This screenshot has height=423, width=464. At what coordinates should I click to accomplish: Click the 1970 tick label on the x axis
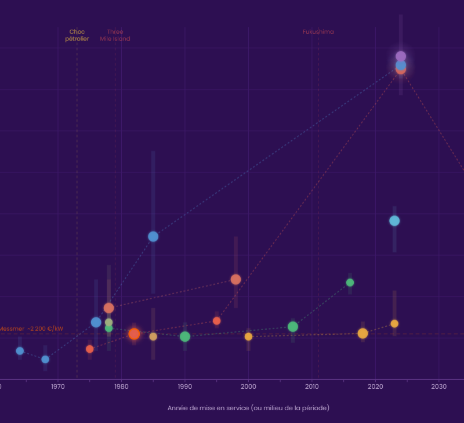click(x=57, y=386)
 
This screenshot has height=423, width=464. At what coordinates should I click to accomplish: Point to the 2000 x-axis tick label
click(x=248, y=386)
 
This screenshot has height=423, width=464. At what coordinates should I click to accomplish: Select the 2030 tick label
click(x=439, y=386)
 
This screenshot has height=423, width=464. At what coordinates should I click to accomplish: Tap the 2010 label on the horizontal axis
click(x=312, y=386)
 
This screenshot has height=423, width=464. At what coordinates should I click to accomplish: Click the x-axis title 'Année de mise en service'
click(x=248, y=408)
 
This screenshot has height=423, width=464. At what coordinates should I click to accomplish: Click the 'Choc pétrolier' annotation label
click(x=77, y=35)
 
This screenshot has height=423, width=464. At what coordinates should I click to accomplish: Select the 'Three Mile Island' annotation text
click(x=115, y=35)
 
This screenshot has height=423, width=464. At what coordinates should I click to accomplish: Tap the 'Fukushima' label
click(x=318, y=32)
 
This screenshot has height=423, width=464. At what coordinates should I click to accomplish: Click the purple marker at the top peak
click(x=401, y=56)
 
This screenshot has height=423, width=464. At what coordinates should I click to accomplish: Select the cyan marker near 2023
click(x=394, y=220)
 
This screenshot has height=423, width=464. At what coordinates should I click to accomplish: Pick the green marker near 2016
click(x=350, y=283)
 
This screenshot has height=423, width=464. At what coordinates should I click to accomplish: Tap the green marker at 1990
click(x=185, y=337)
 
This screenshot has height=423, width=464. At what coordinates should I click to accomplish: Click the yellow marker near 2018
click(x=362, y=333)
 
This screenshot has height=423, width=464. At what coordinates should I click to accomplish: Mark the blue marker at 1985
click(x=153, y=236)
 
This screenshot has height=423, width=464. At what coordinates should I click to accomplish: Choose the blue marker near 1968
click(x=45, y=359)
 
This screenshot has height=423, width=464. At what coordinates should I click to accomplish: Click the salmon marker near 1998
click(x=235, y=279)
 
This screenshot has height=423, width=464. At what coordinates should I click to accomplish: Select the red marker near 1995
click(x=216, y=321)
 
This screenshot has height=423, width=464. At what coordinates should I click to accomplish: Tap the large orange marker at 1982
click(x=134, y=334)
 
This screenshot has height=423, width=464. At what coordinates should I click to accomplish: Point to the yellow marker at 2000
click(x=248, y=337)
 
